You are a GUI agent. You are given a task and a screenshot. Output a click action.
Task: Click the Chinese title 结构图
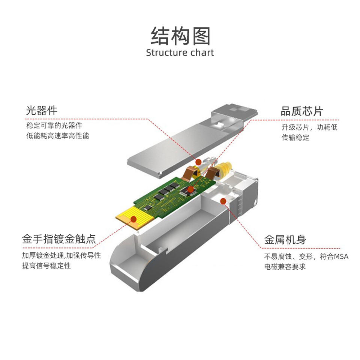[x=180, y=36]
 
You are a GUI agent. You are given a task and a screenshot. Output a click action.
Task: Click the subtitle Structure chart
[x=180, y=52]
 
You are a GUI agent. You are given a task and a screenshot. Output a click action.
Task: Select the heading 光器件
[x=42, y=111]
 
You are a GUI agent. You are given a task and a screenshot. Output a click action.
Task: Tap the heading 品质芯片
[x=301, y=111]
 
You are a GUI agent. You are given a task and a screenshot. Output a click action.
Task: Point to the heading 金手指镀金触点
[x=59, y=239]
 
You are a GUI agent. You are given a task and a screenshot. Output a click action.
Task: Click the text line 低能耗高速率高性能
[x=58, y=136]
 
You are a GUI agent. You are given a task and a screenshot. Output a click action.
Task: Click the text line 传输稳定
[x=295, y=137]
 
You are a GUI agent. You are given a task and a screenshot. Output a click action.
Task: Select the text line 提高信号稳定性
[x=46, y=266]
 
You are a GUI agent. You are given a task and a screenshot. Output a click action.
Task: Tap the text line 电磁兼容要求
[x=285, y=267]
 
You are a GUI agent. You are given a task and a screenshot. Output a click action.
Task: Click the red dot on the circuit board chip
[x=190, y=189]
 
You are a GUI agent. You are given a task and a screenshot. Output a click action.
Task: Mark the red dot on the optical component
[x=199, y=161]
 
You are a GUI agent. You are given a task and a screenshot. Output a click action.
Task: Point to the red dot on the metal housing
[x=223, y=201]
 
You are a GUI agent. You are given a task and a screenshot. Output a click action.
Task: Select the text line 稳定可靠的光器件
[x=54, y=125]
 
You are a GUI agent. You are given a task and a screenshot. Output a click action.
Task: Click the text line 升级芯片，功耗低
[x=309, y=127]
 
